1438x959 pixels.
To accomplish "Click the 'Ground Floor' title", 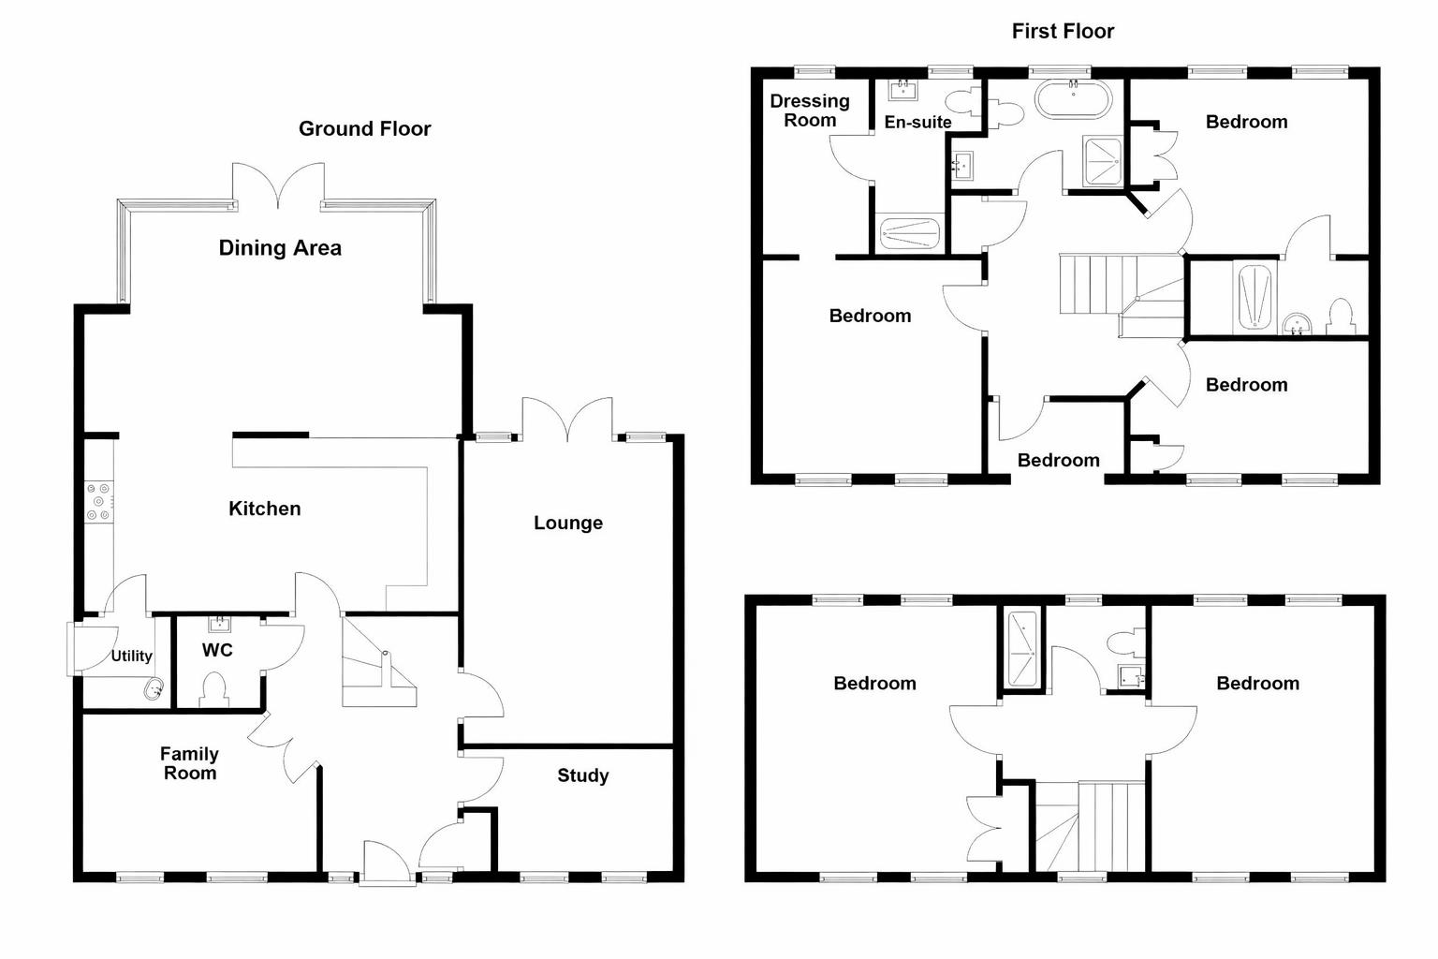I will tap(364, 129).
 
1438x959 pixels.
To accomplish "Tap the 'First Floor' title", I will tap(1063, 32).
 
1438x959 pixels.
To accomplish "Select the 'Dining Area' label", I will tap(280, 248).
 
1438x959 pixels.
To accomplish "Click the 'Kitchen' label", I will tap(265, 509).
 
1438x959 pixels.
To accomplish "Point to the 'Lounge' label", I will tap(567, 524).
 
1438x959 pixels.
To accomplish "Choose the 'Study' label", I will tap(582, 775).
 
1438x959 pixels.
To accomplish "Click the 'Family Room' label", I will tap(189, 763).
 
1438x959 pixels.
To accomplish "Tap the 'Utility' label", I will tap(131, 657).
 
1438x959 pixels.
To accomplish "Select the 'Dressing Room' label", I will tap(810, 111).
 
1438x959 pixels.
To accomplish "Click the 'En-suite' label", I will tap(917, 123).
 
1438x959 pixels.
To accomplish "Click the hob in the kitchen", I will tap(98, 501).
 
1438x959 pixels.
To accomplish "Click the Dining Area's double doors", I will tap(278, 184).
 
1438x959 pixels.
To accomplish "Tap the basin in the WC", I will tap(219, 624).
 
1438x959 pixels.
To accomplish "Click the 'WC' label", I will tap(216, 650).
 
